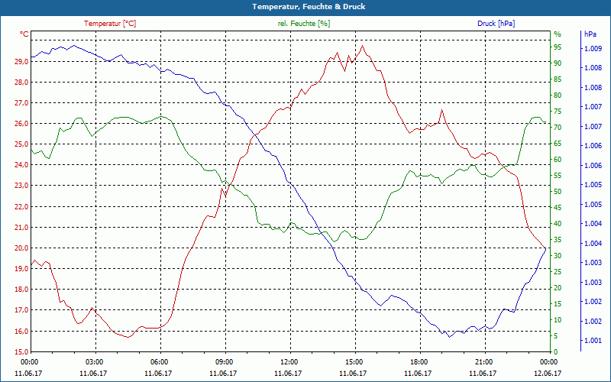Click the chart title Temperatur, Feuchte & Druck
[305, 7]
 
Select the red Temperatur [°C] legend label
[110, 24]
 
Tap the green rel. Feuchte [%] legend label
[304, 24]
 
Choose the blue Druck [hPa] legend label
[496, 24]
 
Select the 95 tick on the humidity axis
[558, 47]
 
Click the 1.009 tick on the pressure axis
[593, 49]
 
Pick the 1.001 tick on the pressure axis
[593, 341]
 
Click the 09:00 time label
[225, 362]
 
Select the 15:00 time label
[354, 362]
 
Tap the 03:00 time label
[95, 362]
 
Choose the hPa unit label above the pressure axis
[590, 34]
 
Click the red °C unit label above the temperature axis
[24, 34]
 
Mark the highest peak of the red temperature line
[363, 46]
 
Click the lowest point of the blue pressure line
[450, 336]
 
